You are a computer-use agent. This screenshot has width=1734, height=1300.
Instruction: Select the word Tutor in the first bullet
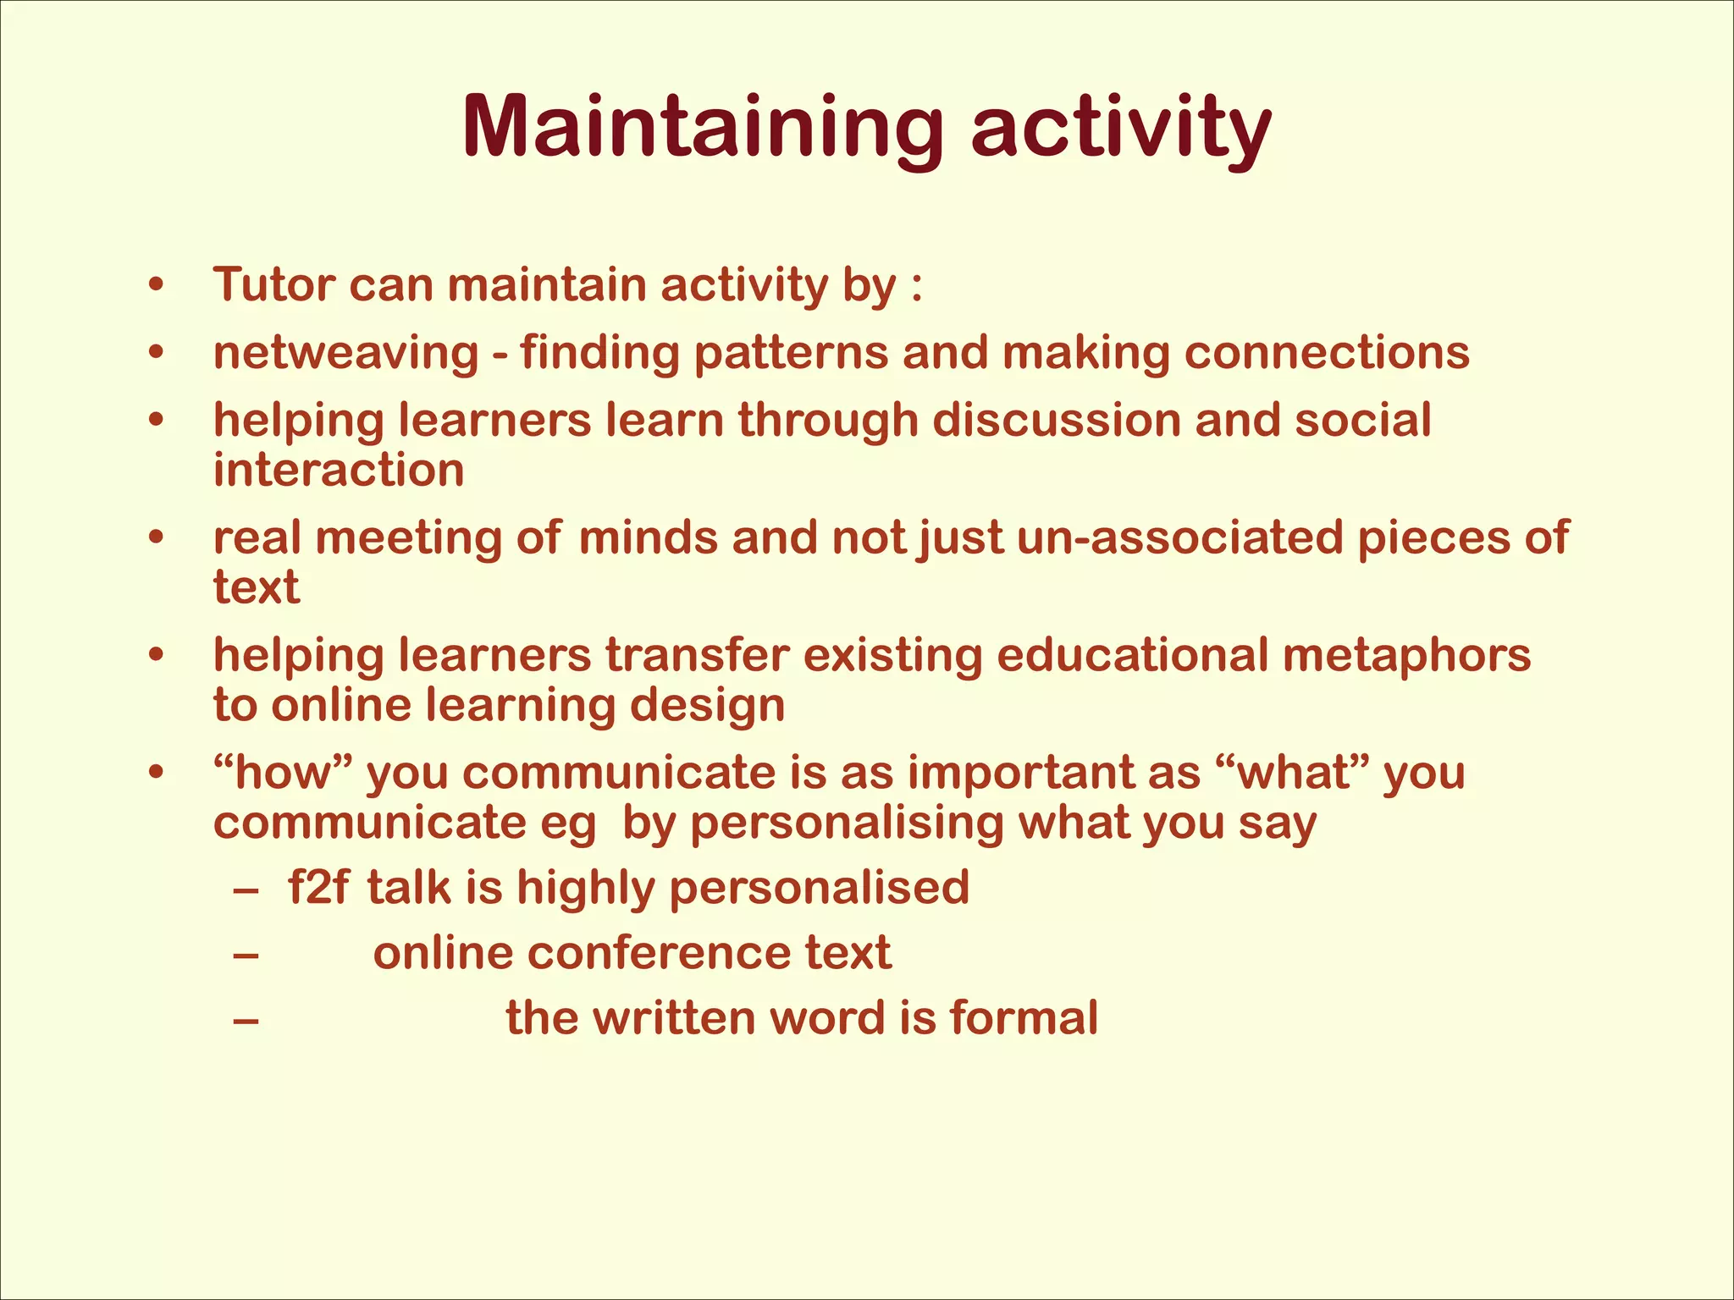[x=273, y=284]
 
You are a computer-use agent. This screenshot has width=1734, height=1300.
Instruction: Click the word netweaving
[x=345, y=353]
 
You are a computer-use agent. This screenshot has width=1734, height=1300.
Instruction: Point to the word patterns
[x=791, y=353]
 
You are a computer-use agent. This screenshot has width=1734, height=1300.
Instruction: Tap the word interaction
[x=339, y=470]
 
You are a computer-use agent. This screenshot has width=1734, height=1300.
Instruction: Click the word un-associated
[x=1179, y=538]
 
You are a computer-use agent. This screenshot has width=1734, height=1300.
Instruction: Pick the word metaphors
[x=1406, y=656]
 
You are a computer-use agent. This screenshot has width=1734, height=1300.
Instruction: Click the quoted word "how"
[x=283, y=773]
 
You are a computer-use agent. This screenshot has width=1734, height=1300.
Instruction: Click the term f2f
[x=318, y=888]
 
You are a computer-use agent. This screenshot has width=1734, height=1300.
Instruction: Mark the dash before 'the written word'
[x=246, y=1020]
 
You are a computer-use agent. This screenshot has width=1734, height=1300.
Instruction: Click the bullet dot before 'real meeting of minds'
[x=155, y=538]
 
